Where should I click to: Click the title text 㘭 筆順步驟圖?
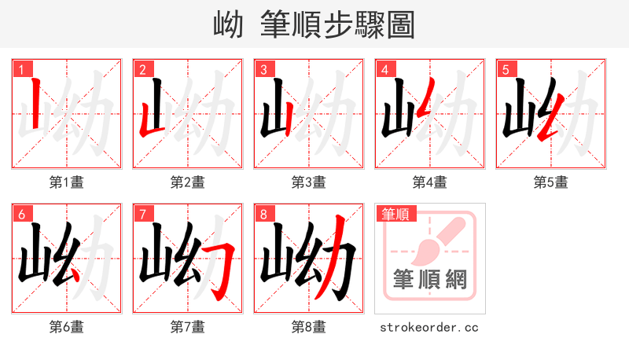pos(314,24)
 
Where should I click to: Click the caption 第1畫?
pos(67,182)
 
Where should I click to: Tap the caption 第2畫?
pos(188,182)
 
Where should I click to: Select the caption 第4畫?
pos(430,182)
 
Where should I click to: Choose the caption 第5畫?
pos(551,182)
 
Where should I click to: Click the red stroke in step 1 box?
pos(35,104)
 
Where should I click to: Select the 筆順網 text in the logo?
pos(429,279)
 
